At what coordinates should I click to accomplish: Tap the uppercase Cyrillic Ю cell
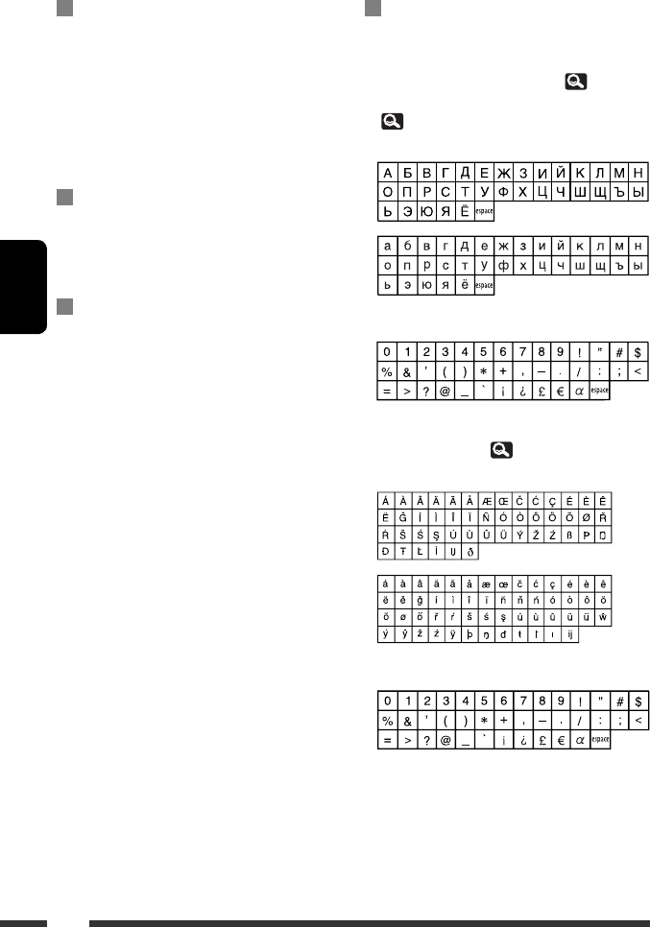tap(425, 211)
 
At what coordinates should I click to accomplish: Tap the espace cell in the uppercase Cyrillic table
tap(485, 211)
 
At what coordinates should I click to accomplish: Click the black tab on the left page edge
tap(23, 287)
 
